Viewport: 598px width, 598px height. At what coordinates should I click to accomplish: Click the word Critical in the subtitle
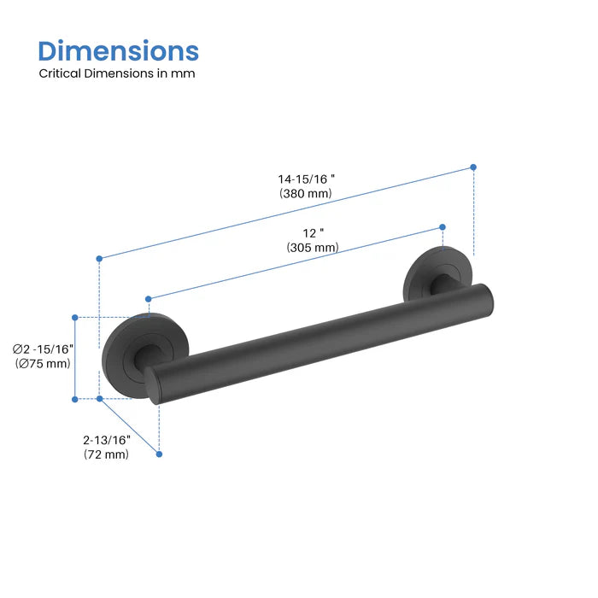tap(61, 73)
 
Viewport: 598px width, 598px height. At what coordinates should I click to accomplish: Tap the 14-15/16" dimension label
tap(306, 179)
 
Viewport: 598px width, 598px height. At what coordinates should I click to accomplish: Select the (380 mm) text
tap(306, 194)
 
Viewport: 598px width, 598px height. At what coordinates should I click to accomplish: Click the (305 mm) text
tap(313, 248)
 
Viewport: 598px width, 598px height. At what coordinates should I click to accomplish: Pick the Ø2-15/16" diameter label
tap(44, 349)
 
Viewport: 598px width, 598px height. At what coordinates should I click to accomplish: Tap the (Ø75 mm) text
tap(44, 363)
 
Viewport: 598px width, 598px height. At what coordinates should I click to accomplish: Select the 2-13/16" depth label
tap(107, 440)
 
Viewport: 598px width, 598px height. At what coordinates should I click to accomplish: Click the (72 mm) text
tap(107, 454)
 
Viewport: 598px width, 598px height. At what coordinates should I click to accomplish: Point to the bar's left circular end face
tap(154, 384)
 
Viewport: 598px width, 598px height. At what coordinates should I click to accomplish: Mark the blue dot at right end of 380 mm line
tap(473, 167)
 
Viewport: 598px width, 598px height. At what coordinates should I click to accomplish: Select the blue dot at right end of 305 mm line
tap(442, 226)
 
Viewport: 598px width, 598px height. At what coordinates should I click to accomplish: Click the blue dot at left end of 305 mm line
tap(149, 298)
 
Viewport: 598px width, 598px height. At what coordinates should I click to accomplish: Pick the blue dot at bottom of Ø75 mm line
tap(75, 398)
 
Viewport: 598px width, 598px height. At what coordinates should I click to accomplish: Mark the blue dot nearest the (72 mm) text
tap(160, 454)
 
